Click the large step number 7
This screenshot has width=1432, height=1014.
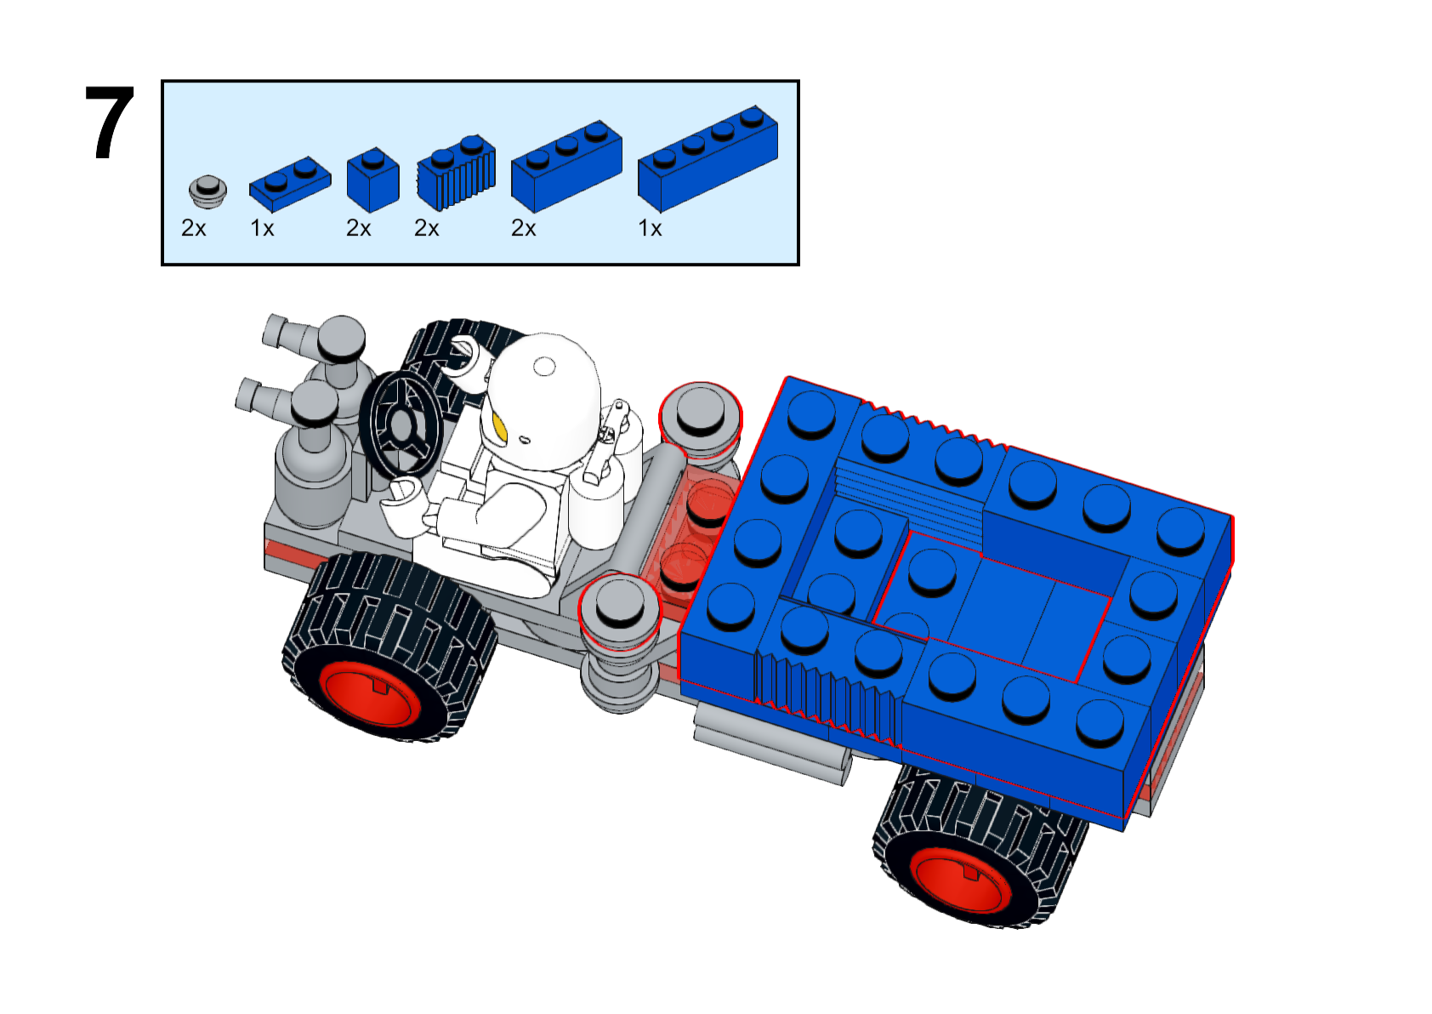110,122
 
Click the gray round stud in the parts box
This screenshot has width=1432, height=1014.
207,191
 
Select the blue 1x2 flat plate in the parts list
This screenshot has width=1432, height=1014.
290,184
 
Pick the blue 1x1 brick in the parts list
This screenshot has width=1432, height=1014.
372,180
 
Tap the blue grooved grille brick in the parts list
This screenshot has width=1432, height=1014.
456,173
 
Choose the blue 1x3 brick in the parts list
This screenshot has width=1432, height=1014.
566,166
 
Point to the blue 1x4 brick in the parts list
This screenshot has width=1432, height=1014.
707,158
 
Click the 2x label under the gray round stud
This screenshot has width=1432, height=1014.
194,228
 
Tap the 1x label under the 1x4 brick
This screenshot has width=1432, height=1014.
651,228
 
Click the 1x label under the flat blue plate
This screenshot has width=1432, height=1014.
262,228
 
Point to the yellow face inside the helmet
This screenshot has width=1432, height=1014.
499,427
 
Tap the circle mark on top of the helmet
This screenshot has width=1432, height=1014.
545,367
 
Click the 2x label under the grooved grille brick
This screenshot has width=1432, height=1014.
426,228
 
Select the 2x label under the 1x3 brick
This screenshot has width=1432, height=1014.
523,228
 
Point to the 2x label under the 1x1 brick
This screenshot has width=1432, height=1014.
358,228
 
